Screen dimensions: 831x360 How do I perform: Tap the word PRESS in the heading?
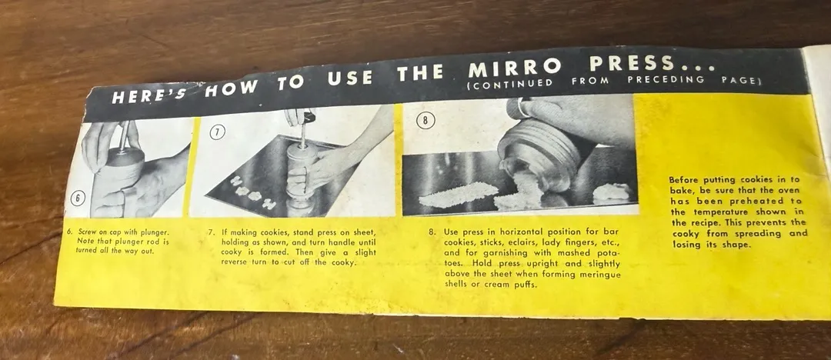coord(632,64)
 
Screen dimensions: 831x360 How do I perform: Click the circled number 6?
coord(78,198)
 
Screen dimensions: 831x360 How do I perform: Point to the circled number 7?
coord(216,133)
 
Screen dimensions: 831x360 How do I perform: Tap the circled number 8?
coord(425,121)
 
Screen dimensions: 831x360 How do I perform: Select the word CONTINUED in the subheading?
coord(510,83)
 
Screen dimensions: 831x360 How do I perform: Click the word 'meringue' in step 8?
coord(600,274)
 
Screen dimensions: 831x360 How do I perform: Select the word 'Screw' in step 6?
coord(89,232)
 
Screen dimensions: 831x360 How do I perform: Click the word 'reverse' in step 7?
coord(235,262)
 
